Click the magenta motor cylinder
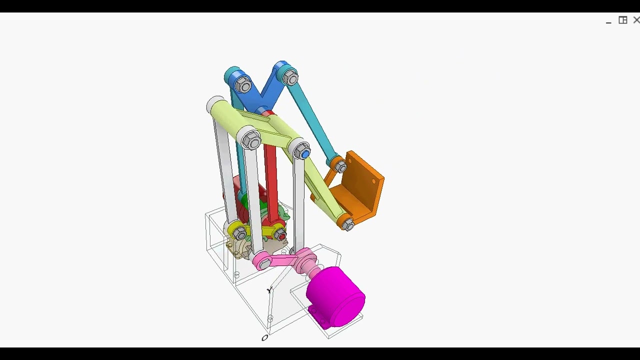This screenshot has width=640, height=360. point(336,297)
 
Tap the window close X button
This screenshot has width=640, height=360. point(636,20)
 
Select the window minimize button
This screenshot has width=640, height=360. point(608,22)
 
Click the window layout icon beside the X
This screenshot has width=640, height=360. point(623,20)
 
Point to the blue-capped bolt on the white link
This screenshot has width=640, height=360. point(304,154)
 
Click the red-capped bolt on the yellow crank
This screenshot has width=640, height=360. point(282,236)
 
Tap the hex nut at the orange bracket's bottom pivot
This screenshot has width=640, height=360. point(348,224)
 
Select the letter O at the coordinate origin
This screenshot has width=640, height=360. point(265,338)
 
